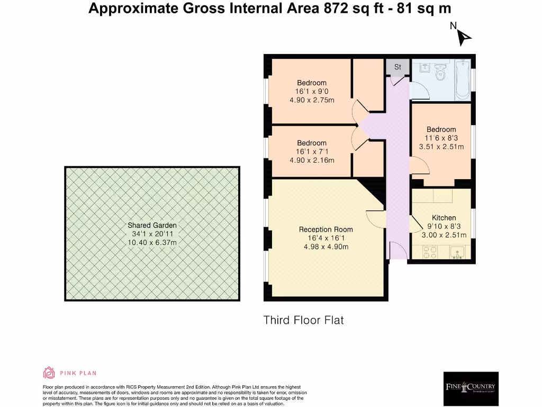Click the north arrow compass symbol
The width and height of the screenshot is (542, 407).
point(464,37)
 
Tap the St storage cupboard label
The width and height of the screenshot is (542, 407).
point(398,67)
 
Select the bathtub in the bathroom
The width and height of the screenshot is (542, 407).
point(463,79)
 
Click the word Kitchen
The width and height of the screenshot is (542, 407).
point(444,218)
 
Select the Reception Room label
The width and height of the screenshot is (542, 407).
point(326,229)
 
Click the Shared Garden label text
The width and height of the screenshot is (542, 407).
point(152,225)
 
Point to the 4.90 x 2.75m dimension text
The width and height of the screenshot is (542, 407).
point(311,100)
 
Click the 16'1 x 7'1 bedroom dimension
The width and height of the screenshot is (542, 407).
point(311,152)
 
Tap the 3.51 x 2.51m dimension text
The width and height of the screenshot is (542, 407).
point(441,147)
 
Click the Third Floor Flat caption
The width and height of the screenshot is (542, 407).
point(304,320)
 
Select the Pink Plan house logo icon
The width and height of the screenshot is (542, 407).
point(49,373)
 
